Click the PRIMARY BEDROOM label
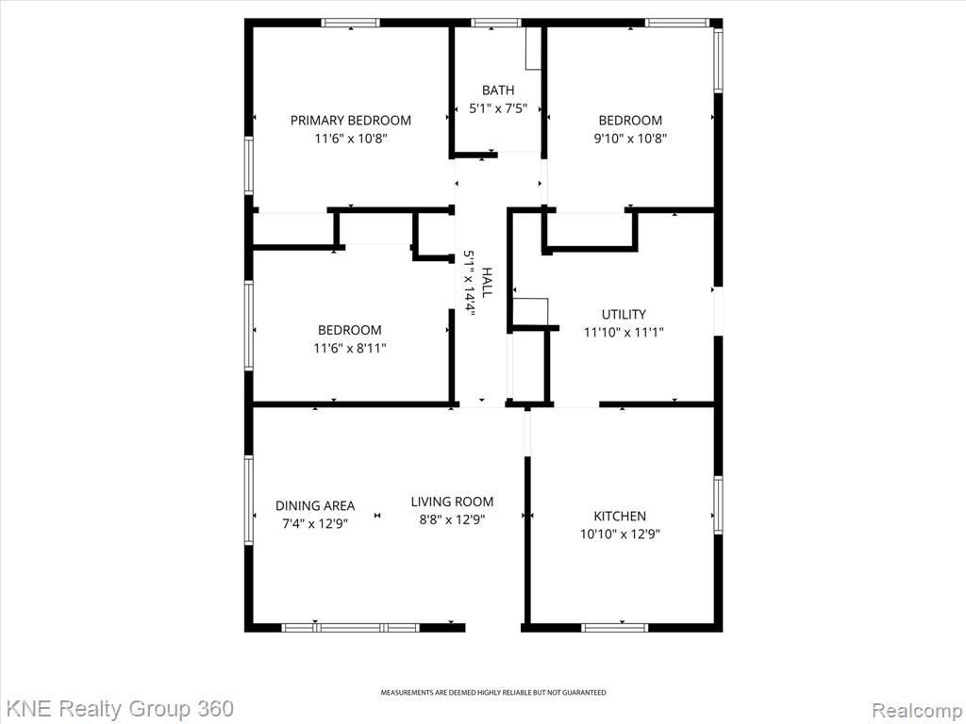click(351, 120)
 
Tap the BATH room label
click(498, 90)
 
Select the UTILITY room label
click(624, 314)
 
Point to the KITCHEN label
click(620, 516)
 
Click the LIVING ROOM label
click(452, 502)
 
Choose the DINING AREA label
click(315, 506)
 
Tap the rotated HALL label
click(487, 282)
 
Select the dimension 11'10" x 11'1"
click(624, 333)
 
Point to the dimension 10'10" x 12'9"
click(620, 534)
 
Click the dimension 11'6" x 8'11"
click(349, 349)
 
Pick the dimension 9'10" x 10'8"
click(630, 139)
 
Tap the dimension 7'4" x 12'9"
click(315, 524)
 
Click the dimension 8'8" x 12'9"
click(452, 519)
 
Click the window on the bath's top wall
click(496, 23)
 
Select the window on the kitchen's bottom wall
click(614, 628)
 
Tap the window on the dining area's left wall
click(249, 500)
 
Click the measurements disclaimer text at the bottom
click(492, 693)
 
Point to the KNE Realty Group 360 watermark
click(117, 709)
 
